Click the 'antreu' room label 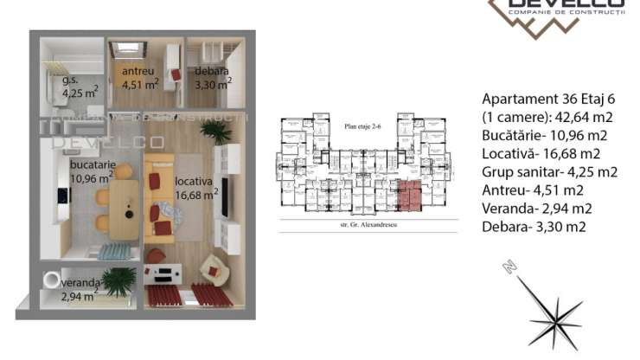[137, 71]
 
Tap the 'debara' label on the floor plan [212, 71]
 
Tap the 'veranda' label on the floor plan [81, 282]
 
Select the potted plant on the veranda [118, 280]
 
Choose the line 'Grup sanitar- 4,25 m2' [548, 171]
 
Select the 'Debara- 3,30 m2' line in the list [534, 227]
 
